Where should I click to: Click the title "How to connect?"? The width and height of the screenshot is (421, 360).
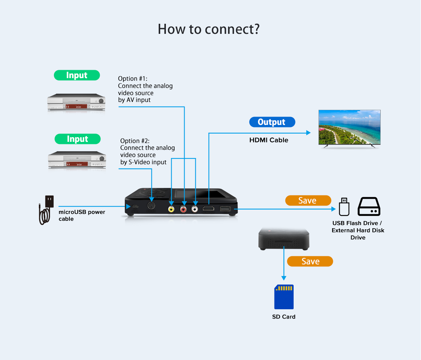(209, 29)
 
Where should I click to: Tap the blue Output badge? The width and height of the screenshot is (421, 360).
(272, 122)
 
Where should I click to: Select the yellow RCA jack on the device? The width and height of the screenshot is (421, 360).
(171, 209)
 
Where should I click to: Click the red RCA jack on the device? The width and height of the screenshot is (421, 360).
(184, 209)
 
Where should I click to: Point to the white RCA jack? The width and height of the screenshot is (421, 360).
(195, 209)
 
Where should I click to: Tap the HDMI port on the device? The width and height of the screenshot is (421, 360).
(209, 209)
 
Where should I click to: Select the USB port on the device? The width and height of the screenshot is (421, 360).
(225, 208)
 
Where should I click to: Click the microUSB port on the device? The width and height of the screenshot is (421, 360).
(135, 207)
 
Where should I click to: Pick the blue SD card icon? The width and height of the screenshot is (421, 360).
(284, 297)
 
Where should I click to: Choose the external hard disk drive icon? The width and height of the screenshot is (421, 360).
(369, 206)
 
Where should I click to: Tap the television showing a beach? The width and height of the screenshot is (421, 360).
(349, 128)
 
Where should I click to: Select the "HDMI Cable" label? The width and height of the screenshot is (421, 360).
(269, 140)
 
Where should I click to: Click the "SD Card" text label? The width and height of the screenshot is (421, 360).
(284, 317)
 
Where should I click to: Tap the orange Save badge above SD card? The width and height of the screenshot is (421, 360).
(310, 261)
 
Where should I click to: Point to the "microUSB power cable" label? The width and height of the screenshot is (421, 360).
(82, 215)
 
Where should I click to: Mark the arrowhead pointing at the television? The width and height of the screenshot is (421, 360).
(308, 133)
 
